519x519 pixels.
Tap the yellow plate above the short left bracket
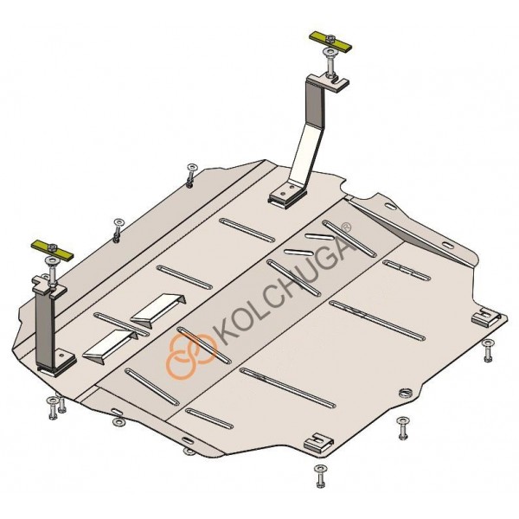[53, 250]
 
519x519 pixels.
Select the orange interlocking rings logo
[191, 356]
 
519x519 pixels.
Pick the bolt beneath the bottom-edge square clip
[320, 476]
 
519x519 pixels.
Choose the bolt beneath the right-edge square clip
[488, 350]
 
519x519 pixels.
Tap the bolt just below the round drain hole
[403, 429]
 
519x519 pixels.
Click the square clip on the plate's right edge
[484, 317]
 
